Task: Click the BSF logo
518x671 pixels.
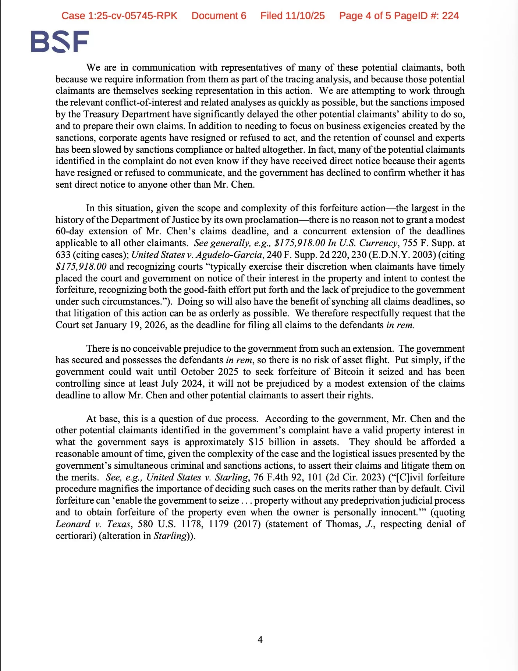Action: tap(60, 42)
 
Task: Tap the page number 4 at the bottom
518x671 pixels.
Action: tap(260, 640)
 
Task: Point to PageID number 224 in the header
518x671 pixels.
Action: tap(450, 16)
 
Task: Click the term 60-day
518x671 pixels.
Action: tap(70, 231)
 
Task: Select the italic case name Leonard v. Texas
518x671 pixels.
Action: tap(93, 524)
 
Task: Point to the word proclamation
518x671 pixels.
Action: tap(272, 220)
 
